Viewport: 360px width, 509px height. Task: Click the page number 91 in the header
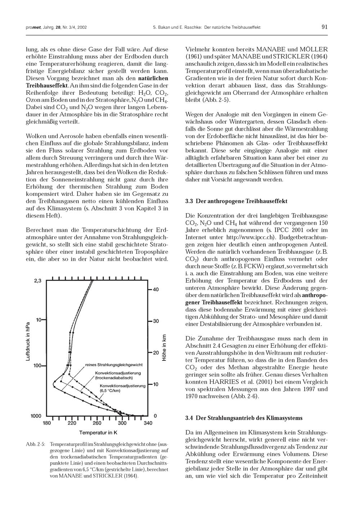pos(324,27)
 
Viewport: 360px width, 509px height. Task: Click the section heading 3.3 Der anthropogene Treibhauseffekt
pos(236,201)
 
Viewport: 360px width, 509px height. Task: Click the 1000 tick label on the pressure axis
pos(36,416)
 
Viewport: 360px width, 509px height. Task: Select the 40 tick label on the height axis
pos(156,289)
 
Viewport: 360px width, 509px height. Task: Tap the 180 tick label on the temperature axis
pos(47,423)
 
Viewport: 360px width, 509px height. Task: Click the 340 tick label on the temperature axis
pos(148,423)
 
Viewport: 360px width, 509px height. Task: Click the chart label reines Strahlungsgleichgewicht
pos(114,365)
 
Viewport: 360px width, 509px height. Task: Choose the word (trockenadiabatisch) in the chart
pos(114,378)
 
